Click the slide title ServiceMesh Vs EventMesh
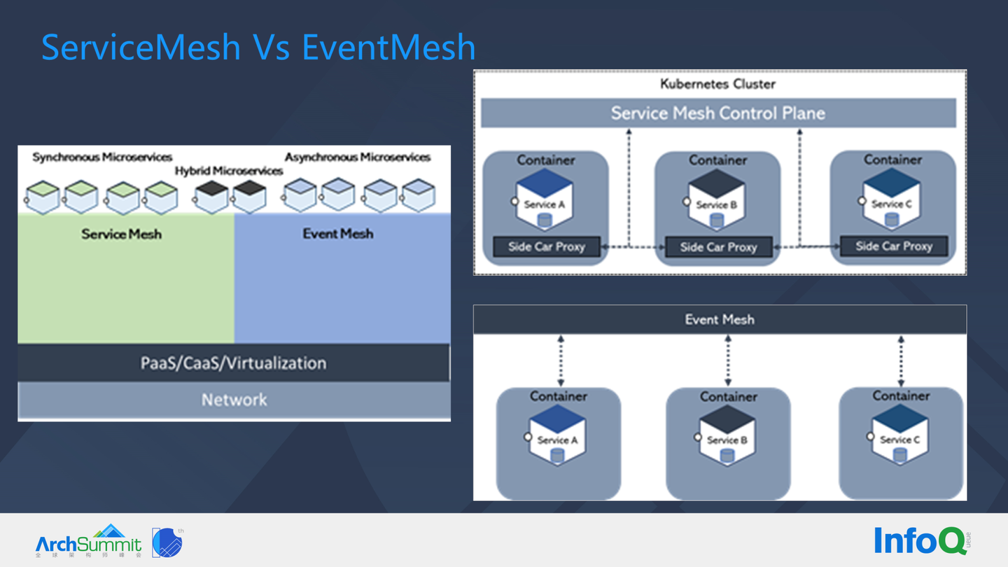click(x=258, y=48)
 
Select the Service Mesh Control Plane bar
click(x=717, y=113)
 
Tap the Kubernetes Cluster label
click(x=717, y=84)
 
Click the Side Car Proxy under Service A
click(x=546, y=246)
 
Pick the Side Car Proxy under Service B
click(x=718, y=247)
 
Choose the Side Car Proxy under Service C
click(x=893, y=246)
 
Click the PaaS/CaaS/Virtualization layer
click(x=234, y=363)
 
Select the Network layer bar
click(x=234, y=400)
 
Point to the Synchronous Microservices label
click(x=102, y=157)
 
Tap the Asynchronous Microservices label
click(x=357, y=157)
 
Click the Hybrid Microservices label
click(x=229, y=171)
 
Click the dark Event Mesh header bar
click(x=720, y=320)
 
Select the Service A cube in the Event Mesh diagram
click(x=557, y=435)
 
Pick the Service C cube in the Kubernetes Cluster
click(x=890, y=199)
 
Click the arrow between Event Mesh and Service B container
click(x=728, y=360)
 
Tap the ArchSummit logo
click(x=89, y=542)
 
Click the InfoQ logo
click(x=918, y=540)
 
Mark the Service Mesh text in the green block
click(x=121, y=234)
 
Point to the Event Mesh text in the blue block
click(x=337, y=234)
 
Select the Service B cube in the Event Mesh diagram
click(x=727, y=435)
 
